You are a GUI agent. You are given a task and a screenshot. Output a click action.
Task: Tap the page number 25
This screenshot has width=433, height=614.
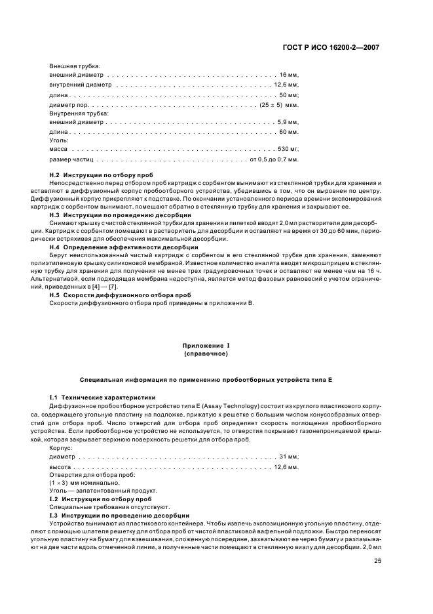pos(377,561)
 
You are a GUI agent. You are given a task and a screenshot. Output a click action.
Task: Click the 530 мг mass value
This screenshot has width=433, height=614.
pos(288,150)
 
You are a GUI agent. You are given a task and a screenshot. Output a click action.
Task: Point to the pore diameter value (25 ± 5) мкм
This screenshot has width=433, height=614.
pos(279,104)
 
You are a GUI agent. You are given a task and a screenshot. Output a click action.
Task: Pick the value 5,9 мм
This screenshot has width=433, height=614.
pos(288,123)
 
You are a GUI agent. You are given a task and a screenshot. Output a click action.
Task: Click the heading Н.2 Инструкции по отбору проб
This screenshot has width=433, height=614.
pos(102,175)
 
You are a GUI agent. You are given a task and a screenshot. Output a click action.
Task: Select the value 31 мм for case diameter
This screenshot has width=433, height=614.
pos(289,456)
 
